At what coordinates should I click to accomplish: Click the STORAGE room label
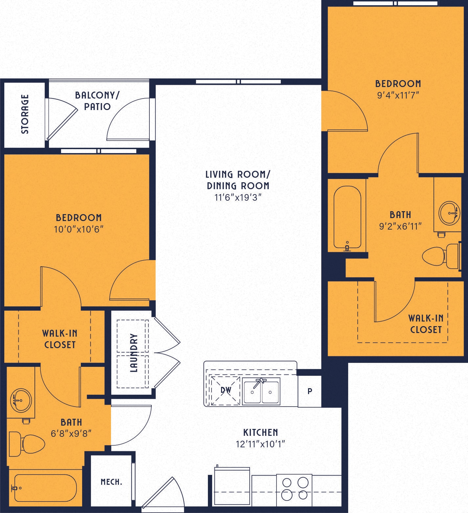(x=25, y=114)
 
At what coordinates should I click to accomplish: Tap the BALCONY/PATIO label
(x=97, y=101)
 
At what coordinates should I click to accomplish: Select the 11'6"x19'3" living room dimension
(x=238, y=197)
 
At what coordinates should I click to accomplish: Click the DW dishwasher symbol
(x=226, y=390)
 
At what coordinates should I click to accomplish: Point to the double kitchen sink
(x=261, y=391)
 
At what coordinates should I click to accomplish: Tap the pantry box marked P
(x=309, y=391)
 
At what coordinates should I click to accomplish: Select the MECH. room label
(x=111, y=482)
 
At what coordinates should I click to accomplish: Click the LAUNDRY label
(x=133, y=353)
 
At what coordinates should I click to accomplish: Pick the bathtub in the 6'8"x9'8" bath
(x=44, y=488)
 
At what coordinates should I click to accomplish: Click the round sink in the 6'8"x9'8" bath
(x=20, y=400)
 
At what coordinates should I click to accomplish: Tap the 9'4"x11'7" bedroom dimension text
(x=398, y=95)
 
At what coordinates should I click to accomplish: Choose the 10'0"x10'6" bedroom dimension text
(x=79, y=229)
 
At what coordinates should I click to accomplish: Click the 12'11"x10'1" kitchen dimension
(x=260, y=444)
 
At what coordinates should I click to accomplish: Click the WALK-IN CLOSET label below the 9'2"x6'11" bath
(x=426, y=324)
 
